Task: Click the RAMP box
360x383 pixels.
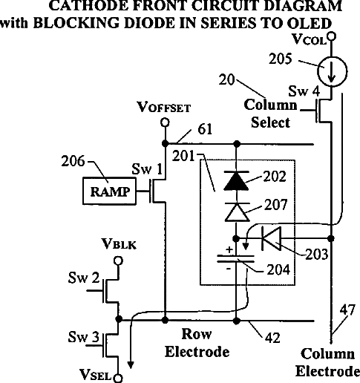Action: pyautogui.click(x=109, y=191)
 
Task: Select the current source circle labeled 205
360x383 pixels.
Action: pyautogui.click(x=333, y=71)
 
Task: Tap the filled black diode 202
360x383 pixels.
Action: pyautogui.click(x=236, y=180)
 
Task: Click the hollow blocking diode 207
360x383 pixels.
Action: pyautogui.click(x=237, y=212)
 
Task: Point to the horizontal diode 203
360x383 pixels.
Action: pyautogui.click(x=272, y=238)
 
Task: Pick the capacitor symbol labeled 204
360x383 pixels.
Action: pyautogui.click(x=235, y=258)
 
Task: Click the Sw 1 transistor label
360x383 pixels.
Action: pyautogui.click(x=147, y=169)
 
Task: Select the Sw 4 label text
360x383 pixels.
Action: pyautogui.click(x=304, y=91)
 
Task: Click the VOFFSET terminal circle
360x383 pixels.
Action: pyautogui.click(x=165, y=122)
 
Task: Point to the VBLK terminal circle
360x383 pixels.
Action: pyautogui.click(x=118, y=261)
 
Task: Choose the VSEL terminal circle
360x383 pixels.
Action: pyautogui.click(x=118, y=379)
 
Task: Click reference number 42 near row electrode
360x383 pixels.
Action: pyautogui.click(x=272, y=338)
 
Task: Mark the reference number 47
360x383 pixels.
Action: pyautogui.click(x=347, y=310)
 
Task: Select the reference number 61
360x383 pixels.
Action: pyautogui.click(x=205, y=129)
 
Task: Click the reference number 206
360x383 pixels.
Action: pyautogui.click(x=73, y=161)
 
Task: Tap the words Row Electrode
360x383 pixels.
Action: pyautogui.click(x=197, y=343)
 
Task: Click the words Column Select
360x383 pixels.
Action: pyautogui.click(x=270, y=114)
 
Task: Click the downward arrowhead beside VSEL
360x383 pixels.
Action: pyautogui.click(x=131, y=365)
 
